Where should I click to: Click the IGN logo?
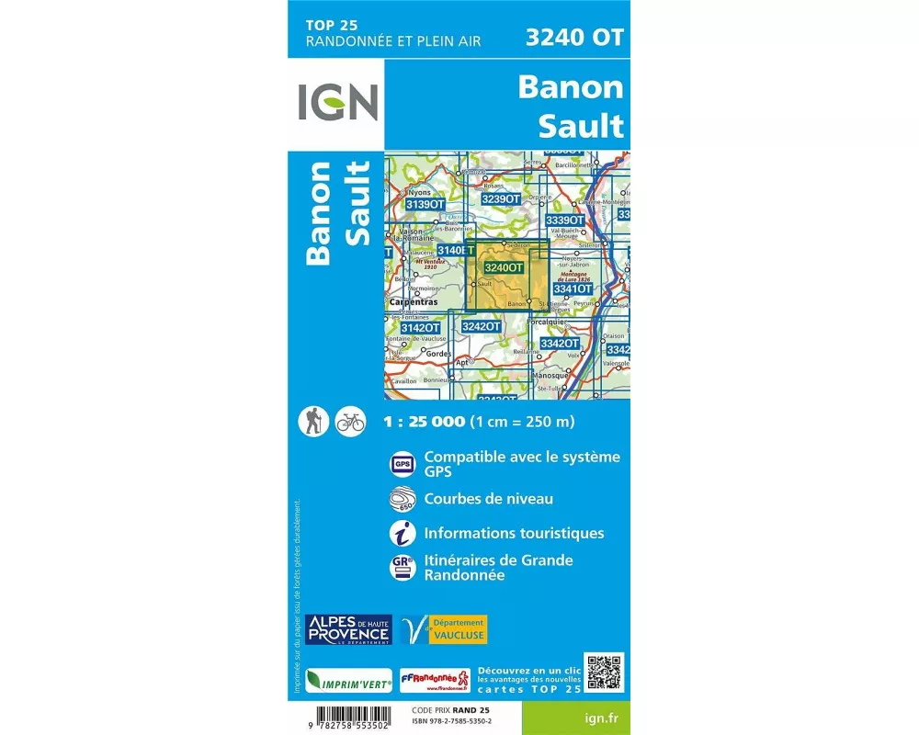337,102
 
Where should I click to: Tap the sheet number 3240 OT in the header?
573,38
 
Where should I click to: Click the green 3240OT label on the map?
503,267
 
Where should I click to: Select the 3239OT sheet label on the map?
501,198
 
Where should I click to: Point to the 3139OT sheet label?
425,204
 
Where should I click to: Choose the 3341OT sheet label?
573,288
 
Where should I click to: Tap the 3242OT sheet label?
481,326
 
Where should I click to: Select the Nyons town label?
419,192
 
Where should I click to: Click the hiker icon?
314,422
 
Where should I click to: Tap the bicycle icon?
350,422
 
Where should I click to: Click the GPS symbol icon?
403,464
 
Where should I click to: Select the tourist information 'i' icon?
403,533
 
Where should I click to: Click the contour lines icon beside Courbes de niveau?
403,499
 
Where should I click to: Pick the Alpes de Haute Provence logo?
349,629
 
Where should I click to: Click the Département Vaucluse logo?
443,629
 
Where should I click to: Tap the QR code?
603,673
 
